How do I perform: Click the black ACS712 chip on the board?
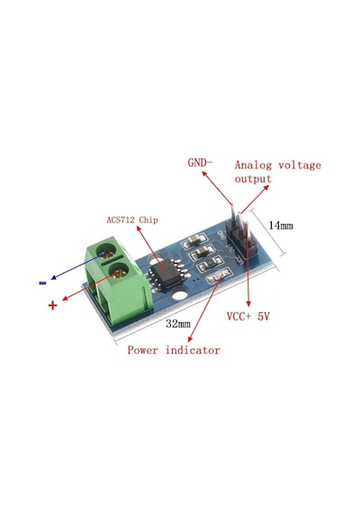coord(166,274)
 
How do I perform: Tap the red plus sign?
coord(53,305)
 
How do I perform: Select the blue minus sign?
coord(42,283)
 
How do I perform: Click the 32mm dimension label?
coord(178,324)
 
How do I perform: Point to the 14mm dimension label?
coord(281,225)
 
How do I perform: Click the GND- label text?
coord(200,162)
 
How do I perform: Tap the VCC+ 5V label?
coord(248,317)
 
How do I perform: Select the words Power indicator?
coord(174,350)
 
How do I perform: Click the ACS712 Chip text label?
coord(132,220)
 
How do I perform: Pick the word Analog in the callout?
coord(253,166)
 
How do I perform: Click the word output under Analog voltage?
coord(253,179)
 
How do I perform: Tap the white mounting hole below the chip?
coord(179,295)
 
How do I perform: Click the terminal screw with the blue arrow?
coord(108,252)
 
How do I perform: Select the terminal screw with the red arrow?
coord(119,271)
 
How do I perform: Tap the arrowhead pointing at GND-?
coord(204,174)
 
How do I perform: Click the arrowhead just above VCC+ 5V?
coord(248,303)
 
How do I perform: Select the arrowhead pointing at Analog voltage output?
coord(266,187)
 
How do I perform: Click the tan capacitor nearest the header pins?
coord(195,240)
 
